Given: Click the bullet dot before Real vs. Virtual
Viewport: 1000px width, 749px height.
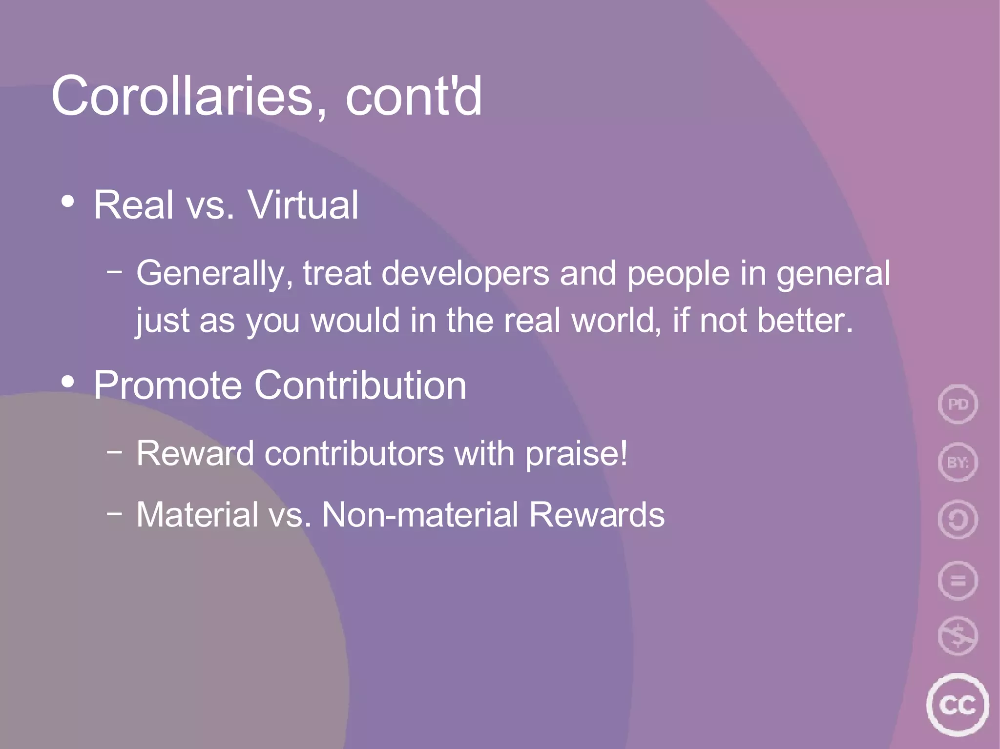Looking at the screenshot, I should [x=68, y=202].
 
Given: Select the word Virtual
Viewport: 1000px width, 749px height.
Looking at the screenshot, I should [x=303, y=205].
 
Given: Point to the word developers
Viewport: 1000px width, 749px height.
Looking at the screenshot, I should [x=465, y=273].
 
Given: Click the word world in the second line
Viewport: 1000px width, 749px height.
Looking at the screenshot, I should [x=616, y=321].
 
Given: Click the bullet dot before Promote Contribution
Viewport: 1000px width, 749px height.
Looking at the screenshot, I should [x=68, y=382].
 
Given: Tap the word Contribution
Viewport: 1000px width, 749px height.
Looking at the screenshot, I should [x=360, y=385].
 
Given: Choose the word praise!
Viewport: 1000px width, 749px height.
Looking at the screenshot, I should [x=576, y=454].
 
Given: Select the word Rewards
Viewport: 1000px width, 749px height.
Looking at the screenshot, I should [x=597, y=515].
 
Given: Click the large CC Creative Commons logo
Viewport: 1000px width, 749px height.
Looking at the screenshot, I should [x=957, y=705].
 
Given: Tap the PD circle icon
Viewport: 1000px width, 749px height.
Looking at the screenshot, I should [x=958, y=404].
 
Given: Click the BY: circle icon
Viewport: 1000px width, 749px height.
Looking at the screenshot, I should [x=958, y=462].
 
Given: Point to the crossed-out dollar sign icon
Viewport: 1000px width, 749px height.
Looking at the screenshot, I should [x=958, y=636].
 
